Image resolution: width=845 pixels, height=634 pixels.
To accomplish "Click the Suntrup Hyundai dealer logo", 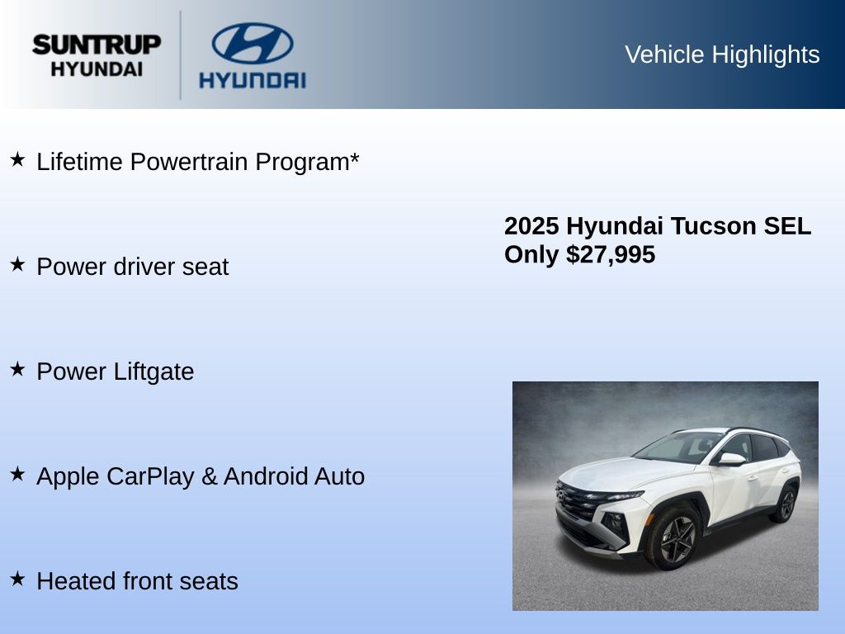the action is (x=97, y=55).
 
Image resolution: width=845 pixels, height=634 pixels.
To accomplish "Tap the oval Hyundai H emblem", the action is (x=253, y=43).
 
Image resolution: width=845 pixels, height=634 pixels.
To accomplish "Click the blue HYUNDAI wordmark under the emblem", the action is (x=253, y=80).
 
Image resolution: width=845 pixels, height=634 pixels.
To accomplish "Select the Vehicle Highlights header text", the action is (x=722, y=54).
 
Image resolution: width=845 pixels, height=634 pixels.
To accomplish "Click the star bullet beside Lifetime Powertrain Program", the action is (x=18, y=159).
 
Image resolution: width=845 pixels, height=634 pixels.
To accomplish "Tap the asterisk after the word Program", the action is (x=354, y=158).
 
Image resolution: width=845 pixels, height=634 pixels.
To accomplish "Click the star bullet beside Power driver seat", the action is (x=18, y=264).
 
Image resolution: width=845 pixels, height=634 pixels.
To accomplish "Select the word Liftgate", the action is (x=153, y=372).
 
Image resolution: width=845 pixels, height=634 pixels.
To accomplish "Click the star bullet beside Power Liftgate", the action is (x=18, y=369).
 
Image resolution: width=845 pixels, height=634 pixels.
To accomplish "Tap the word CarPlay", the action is (x=150, y=476).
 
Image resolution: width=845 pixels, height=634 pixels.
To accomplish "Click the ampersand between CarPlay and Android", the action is (x=209, y=476).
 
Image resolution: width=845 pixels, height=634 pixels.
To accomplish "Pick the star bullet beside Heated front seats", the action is (x=18, y=579).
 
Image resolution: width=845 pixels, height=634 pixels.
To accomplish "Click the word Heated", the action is (x=76, y=581).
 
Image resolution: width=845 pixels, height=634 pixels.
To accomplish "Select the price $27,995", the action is (x=611, y=254).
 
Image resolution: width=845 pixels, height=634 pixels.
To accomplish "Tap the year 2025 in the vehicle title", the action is (x=531, y=226).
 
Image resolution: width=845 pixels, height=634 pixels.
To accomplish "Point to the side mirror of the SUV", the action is (x=730, y=459).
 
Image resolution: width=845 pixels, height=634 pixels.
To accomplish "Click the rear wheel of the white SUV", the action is (x=786, y=504).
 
